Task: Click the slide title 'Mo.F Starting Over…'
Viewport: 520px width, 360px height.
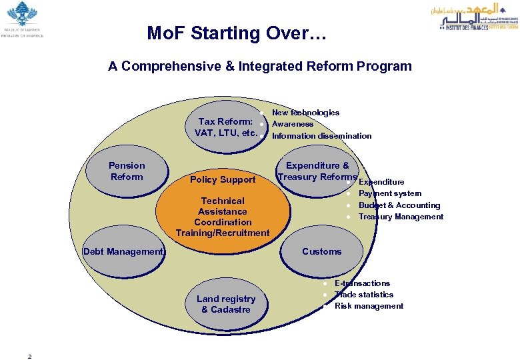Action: [x=237, y=34]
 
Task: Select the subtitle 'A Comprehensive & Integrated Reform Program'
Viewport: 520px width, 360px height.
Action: [x=260, y=66]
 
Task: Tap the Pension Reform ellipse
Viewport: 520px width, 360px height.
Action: [x=127, y=171]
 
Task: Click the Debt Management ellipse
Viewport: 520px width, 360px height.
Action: [x=123, y=251]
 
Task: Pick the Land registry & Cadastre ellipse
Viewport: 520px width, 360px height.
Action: [x=226, y=304]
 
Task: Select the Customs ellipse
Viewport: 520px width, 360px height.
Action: [x=321, y=251]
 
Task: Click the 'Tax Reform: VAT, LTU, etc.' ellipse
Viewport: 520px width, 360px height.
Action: [x=224, y=127]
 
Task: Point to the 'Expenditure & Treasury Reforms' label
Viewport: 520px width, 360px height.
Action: [x=317, y=171]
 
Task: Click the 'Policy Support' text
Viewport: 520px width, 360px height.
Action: [x=223, y=179]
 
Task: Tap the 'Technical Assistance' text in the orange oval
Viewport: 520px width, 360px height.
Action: [x=223, y=206]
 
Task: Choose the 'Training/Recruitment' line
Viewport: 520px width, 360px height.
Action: [x=223, y=233]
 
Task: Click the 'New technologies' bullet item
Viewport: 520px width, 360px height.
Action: [x=305, y=113]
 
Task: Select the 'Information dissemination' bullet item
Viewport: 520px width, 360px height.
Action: [x=322, y=136]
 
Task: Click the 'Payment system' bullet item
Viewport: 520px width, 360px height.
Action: [x=390, y=193]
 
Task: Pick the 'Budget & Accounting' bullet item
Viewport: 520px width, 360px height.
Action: [x=399, y=205]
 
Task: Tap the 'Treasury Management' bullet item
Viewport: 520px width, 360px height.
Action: [x=401, y=217]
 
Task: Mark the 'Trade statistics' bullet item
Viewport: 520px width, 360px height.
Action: [x=364, y=295]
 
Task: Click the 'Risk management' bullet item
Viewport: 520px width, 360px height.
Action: [x=369, y=306]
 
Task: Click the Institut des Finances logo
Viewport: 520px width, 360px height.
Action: [x=469, y=17]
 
